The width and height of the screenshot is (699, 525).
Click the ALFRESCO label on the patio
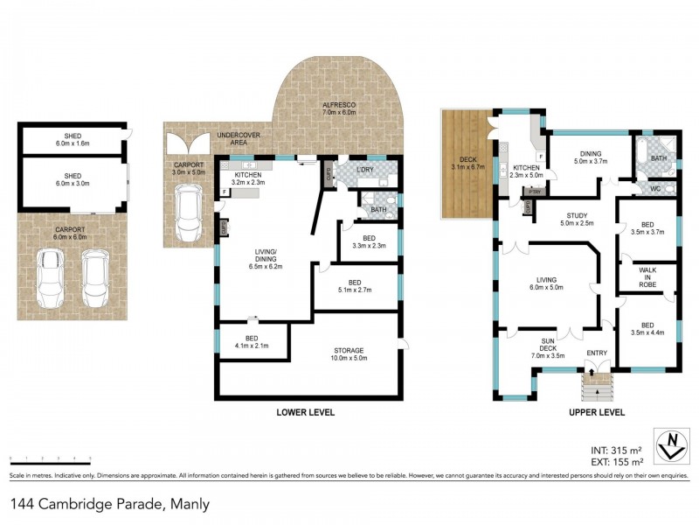[x=339, y=103]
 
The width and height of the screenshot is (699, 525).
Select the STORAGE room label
[x=348, y=351]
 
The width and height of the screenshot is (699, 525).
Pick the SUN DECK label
[x=547, y=348]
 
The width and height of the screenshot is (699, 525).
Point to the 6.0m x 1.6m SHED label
[x=73, y=139]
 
